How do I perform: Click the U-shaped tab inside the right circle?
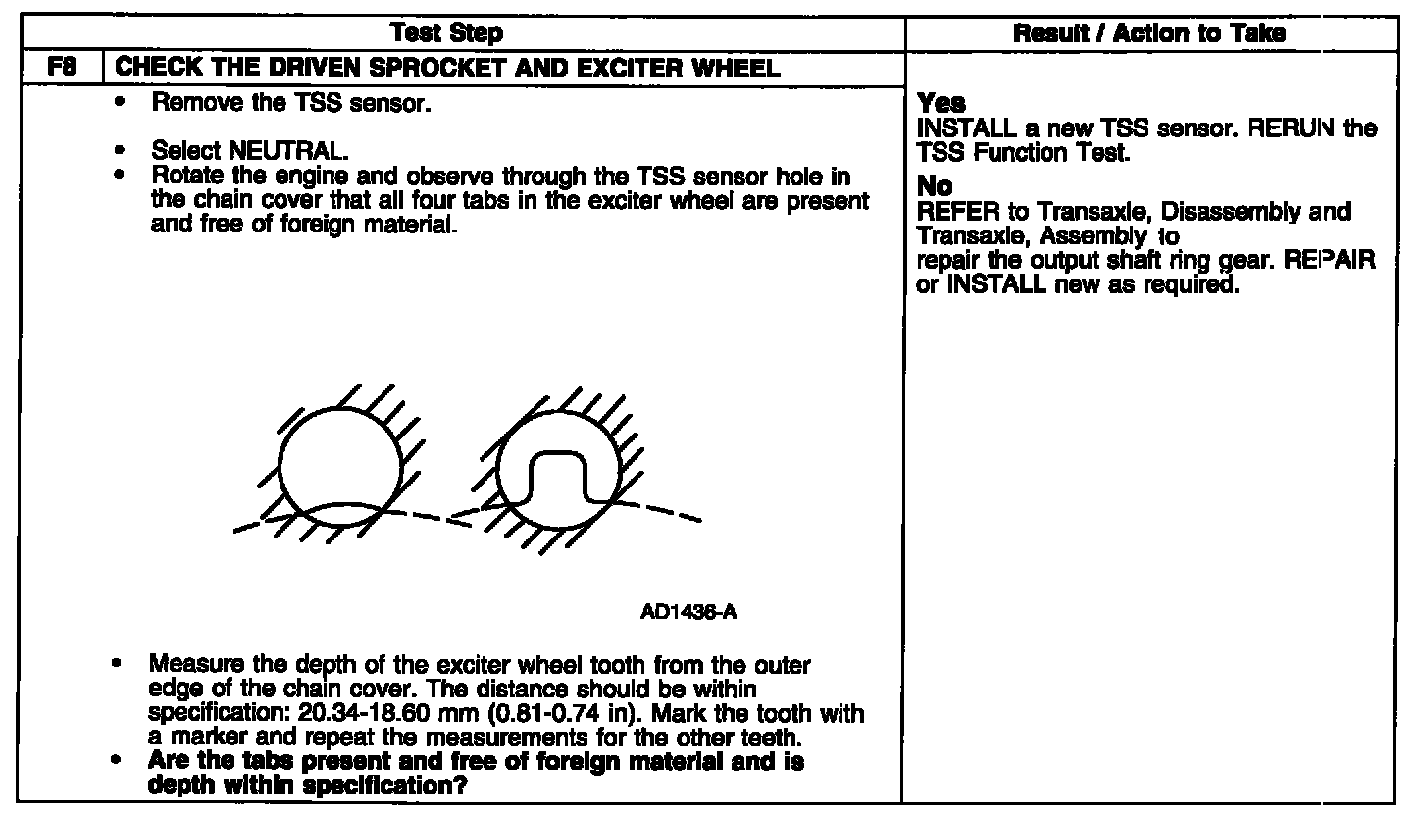click(x=557, y=478)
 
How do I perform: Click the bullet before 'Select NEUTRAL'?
click(x=120, y=152)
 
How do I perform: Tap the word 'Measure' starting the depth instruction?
click(x=187, y=666)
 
